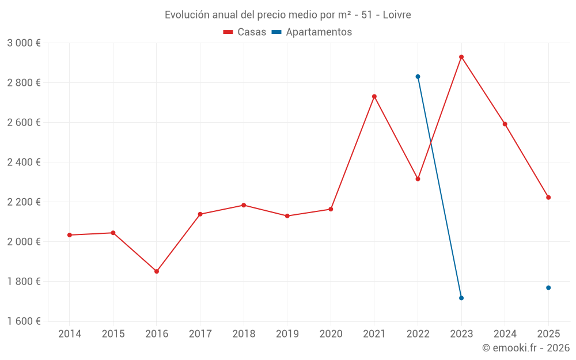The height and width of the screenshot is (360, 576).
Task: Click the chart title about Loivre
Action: pyautogui.click(x=287, y=15)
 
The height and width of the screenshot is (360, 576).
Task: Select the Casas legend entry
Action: pyautogui.click(x=245, y=32)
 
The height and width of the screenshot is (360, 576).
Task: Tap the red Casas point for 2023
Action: pyautogui.click(x=461, y=57)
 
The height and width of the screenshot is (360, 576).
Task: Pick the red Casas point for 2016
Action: pyautogui.click(x=157, y=271)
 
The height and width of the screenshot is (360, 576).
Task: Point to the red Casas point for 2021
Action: pyautogui.click(x=374, y=96)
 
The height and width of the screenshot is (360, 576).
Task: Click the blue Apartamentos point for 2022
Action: pyautogui.click(x=418, y=77)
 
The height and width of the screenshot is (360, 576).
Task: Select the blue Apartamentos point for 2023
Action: pyautogui.click(x=461, y=298)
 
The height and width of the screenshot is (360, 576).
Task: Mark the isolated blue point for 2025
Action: pyautogui.click(x=548, y=287)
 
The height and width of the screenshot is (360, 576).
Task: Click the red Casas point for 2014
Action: pyautogui.click(x=70, y=235)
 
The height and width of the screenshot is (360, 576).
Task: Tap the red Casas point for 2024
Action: pyautogui.click(x=505, y=124)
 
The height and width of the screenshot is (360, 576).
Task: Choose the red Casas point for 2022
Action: pyautogui.click(x=418, y=179)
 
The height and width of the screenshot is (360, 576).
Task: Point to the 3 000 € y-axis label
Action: pyautogui.click(x=24, y=43)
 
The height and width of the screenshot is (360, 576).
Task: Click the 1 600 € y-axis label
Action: pyautogui.click(x=24, y=321)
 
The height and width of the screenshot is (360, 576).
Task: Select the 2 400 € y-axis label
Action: pyautogui.click(x=24, y=162)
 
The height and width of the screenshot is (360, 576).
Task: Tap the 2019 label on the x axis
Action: pyautogui.click(x=287, y=334)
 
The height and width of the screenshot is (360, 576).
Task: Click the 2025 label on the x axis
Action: pyautogui.click(x=548, y=334)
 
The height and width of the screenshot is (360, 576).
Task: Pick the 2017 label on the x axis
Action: pyautogui.click(x=200, y=334)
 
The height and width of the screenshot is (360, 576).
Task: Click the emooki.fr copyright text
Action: pyautogui.click(x=525, y=348)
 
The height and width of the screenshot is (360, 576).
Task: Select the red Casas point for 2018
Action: pyautogui.click(x=244, y=205)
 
